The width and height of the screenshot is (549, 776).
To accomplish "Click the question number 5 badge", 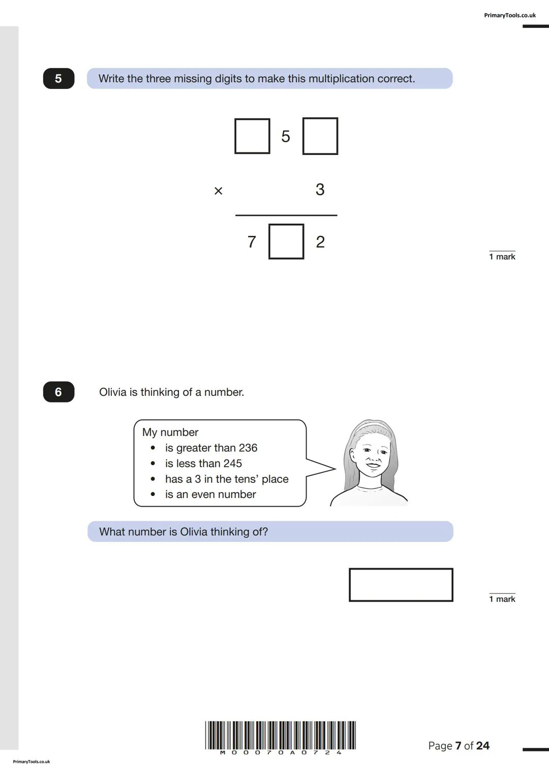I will [x=58, y=79].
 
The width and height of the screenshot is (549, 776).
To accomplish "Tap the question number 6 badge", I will [x=58, y=392].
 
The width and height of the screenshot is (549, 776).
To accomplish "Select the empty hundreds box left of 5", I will [x=252, y=136].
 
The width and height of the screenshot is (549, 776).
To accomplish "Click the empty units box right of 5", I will [x=320, y=136].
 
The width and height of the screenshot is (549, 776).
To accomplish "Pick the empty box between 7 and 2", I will [x=286, y=242].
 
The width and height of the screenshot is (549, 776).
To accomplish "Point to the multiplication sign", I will [x=218, y=191].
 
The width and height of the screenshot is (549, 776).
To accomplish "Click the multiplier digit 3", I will [x=320, y=190].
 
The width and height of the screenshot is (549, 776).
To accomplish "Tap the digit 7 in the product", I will [x=252, y=242].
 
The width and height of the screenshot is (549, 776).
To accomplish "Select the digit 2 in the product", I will [x=320, y=242].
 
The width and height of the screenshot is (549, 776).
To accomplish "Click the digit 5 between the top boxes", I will [x=286, y=136].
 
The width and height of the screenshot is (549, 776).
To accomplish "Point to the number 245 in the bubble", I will [x=232, y=463].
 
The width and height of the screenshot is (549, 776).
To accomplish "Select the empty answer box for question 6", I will [x=401, y=585].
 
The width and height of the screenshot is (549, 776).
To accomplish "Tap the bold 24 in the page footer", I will [x=482, y=746].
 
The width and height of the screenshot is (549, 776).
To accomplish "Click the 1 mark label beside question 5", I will [x=502, y=257].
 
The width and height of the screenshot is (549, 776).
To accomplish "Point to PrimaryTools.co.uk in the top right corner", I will [x=509, y=15].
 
